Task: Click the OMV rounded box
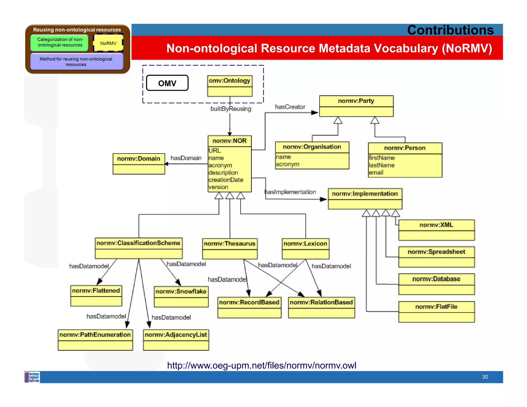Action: [x=167, y=83]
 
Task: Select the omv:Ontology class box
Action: [x=230, y=86]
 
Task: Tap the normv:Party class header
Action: [x=356, y=101]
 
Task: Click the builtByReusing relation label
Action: [x=231, y=109]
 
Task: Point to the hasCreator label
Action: [x=290, y=107]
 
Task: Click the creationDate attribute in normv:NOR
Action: [x=226, y=180]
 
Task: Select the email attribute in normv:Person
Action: [x=376, y=173]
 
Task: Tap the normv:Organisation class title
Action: [x=312, y=147]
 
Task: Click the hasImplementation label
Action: [x=290, y=192]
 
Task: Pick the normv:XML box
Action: [x=436, y=230]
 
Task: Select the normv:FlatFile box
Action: [x=436, y=312]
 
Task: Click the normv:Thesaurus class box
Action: [x=230, y=248]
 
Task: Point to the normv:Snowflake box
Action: [x=181, y=296]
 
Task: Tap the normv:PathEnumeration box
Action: [x=95, y=340]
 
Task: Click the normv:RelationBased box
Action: [x=321, y=307]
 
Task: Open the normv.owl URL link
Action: [x=261, y=365]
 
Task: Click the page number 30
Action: [x=485, y=377]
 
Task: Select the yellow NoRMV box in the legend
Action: [x=108, y=43]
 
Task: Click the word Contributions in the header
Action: [x=450, y=30]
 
